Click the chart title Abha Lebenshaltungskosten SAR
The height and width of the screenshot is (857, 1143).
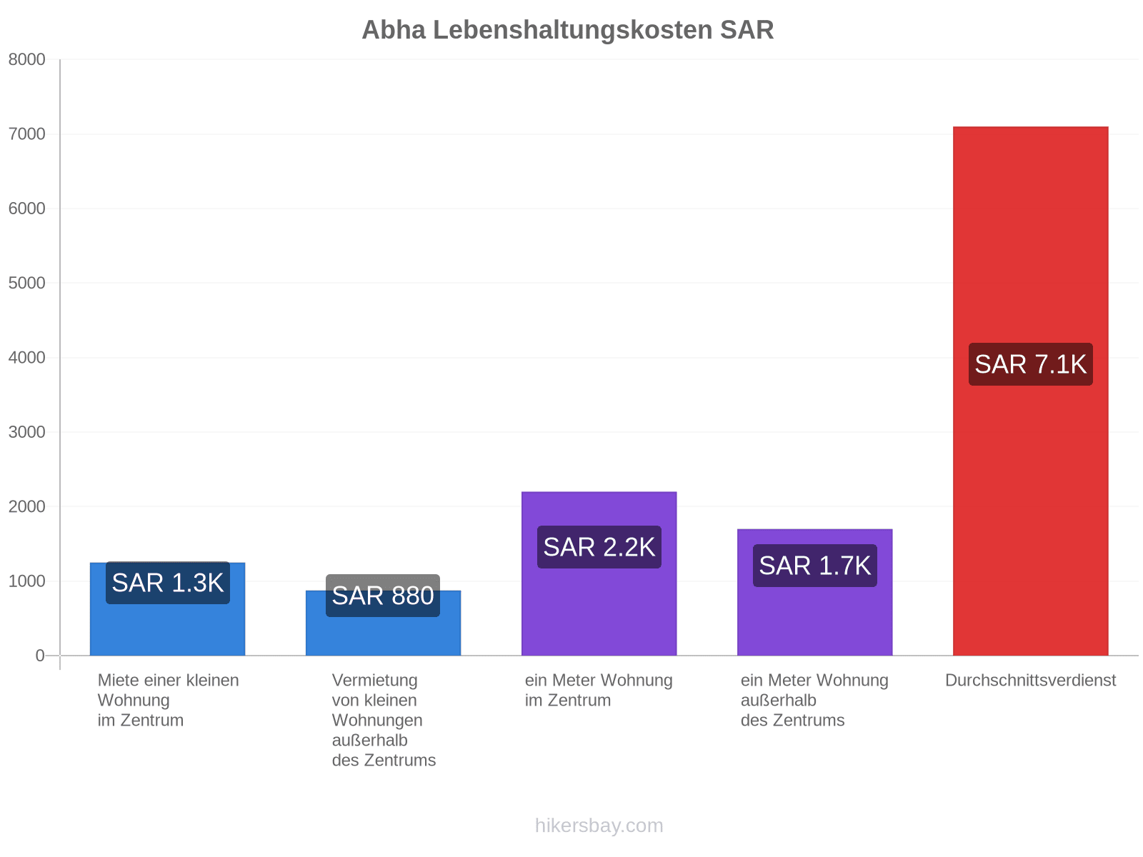567,30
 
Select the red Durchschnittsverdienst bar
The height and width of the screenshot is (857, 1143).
1029,391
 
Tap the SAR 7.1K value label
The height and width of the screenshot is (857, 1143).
1029,364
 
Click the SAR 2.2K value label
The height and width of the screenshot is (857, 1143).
599,546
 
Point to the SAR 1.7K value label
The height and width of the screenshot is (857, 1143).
814,565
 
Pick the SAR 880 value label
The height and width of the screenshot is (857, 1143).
383,596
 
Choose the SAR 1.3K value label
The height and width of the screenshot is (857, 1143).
168,582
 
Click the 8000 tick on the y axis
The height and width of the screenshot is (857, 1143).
26,59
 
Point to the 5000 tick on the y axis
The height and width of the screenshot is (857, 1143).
26,283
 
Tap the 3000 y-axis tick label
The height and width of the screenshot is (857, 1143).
26,432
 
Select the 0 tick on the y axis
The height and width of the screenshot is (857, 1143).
40,655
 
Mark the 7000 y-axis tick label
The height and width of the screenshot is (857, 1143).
26,134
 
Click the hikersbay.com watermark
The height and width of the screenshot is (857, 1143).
599,826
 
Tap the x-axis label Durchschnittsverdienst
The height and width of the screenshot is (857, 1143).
1029,680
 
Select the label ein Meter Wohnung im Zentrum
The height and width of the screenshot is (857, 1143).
599,690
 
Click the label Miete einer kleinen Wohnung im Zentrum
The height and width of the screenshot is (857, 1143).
168,700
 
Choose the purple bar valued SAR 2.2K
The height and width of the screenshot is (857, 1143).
599,573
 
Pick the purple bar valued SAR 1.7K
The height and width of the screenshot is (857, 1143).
814,592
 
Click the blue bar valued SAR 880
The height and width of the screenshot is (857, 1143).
383,623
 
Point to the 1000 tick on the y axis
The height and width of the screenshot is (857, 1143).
26,581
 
